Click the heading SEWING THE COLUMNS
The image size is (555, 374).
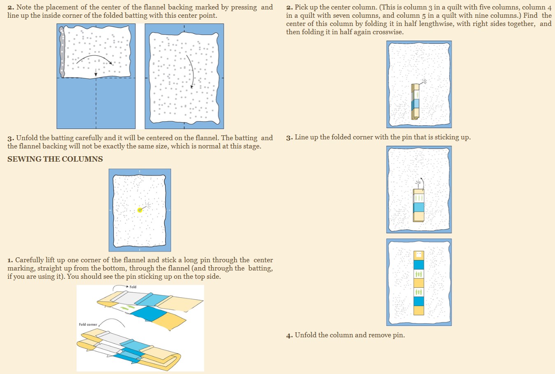pyautogui.click(x=55, y=159)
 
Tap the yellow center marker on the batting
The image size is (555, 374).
pyautogui.click(x=140, y=210)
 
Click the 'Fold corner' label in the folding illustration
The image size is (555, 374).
pyautogui.click(x=88, y=325)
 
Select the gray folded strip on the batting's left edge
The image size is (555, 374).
pyautogui.click(x=62, y=52)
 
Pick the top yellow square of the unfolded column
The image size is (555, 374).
pyautogui.click(x=419, y=255)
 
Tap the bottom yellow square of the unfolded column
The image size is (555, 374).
pyautogui.click(x=419, y=310)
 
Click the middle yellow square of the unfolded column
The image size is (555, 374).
pyautogui.click(x=419, y=283)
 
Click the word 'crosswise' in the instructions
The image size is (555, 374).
pyautogui.click(x=388, y=32)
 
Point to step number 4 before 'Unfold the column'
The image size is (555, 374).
pyautogui.click(x=289, y=336)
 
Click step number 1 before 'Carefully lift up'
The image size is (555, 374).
pyautogui.click(x=10, y=260)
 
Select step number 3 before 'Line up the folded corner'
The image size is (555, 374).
pyautogui.click(x=289, y=138)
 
